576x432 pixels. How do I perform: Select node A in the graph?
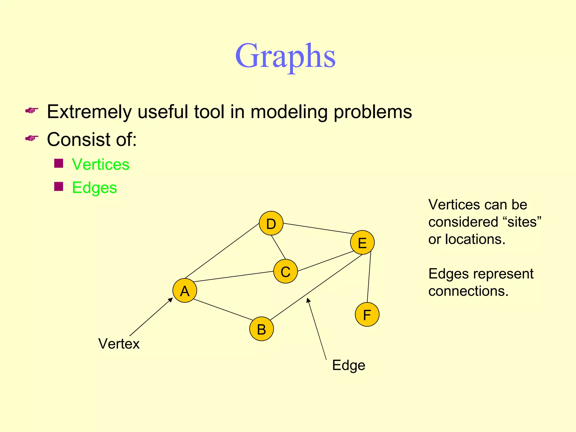[x=185, y=291]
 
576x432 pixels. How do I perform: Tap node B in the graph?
[x=262, y=329]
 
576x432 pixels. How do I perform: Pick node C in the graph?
[x=285, y=271]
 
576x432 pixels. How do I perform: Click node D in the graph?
[x=271, y=223]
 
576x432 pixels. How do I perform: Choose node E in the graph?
[x=362, y=242]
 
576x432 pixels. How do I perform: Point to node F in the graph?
[x=367, y=314]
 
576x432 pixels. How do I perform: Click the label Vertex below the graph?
[x=119, y=344]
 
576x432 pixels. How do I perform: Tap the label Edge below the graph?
[x=348, y=365]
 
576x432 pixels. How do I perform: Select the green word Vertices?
[x=101, y=164]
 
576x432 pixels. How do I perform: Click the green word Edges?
[x=94, y=188]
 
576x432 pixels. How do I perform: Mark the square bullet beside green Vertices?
[x=58, y=163]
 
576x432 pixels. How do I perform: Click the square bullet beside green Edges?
[x=58, y=186]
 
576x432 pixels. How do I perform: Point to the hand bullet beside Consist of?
[x=32, y=138]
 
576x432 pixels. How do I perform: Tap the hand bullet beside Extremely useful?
[x=32, y=110]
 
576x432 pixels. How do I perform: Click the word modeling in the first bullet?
[x=289, y=112]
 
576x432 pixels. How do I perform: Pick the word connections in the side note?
[x=468, y=291]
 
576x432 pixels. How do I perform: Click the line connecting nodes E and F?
[x=369, y=277]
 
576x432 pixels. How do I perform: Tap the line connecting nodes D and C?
[x=278, y=247]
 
